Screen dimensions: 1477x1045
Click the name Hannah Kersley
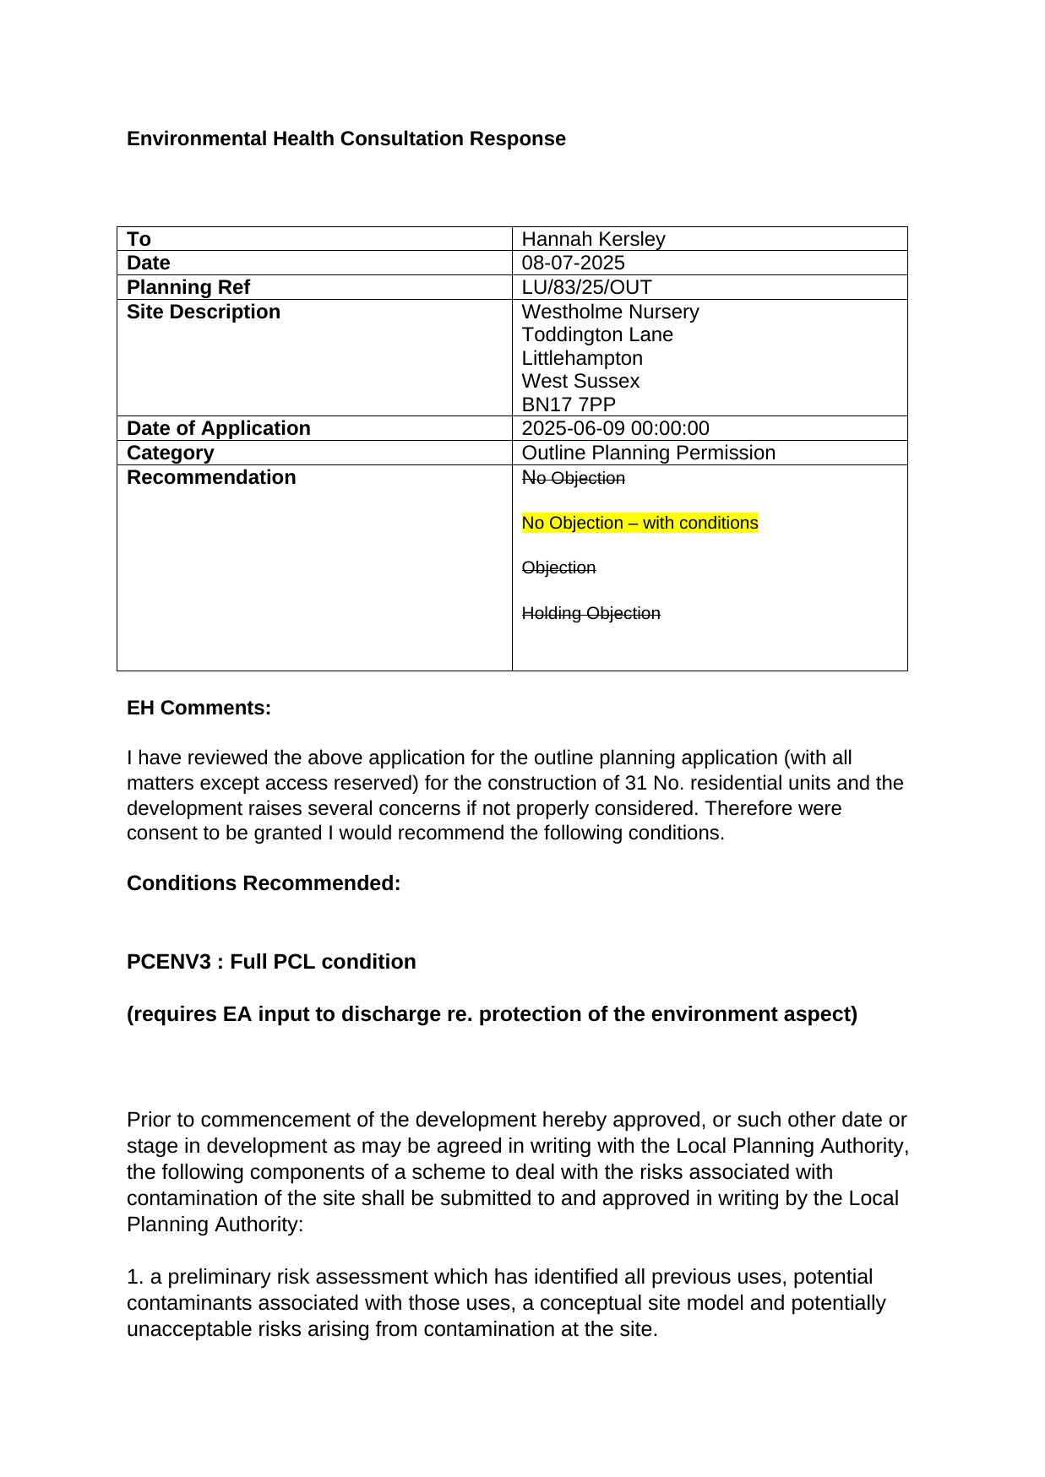tap(593, 239)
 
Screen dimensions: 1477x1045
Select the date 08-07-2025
tap(573, 263)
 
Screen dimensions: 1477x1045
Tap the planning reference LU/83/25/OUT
tap(586, 287)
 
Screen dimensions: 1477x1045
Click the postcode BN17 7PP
tap(569, 405)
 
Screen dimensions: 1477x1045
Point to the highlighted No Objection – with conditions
tap(640, 523)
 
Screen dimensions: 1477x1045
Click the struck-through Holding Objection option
tap(591, 613)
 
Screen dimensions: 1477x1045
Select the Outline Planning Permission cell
tap(648, 453)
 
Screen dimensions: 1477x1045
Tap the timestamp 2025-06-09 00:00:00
tap(615, 428)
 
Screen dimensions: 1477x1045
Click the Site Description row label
tap(203, 312)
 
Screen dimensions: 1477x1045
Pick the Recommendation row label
tap(211, 477)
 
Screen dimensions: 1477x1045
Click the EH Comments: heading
tap(199, 708)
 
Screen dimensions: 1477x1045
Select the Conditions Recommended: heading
tap(264, 883)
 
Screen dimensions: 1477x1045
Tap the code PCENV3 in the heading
tap(168, 962)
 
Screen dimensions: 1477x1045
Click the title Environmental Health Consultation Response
tap(346, 138)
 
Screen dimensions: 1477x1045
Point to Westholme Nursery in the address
tap(610, 312)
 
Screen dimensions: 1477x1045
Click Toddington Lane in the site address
tap(597, 334)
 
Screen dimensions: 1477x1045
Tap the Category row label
tap(170, 453)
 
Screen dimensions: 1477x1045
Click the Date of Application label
tap(218, 428)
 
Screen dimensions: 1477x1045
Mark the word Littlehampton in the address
tap(582, 358)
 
